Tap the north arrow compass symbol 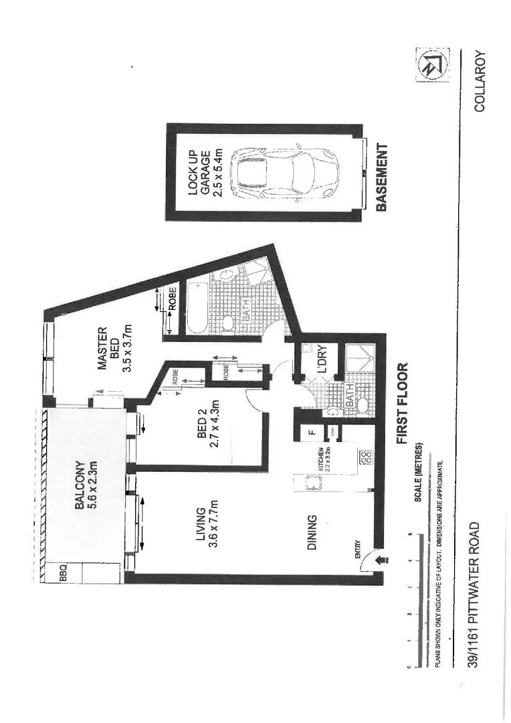[430, 66]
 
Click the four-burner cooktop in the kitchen [366, 460]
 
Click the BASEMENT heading [382, 179]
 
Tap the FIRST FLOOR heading [403, 405]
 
